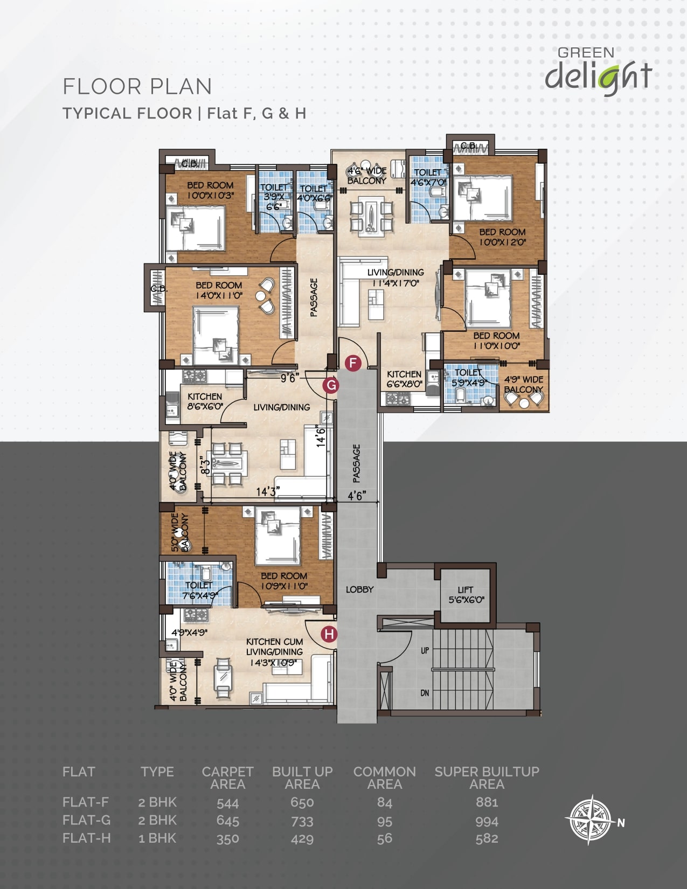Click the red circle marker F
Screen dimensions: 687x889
[x=353, y=363]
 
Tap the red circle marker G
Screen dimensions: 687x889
[x=331, y=385]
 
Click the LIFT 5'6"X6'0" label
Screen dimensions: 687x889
[x=466, y=595]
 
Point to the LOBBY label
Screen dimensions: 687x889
[x=359, y=589]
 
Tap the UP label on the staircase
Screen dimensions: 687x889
[x=425, y=650]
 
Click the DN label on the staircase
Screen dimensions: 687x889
[x=425, y=693]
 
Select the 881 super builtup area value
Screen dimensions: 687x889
[x=487, y=802]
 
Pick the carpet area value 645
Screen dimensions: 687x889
[x=227, y=821]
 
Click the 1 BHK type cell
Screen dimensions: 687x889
[x=157, y=838]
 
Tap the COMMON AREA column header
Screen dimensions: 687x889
[x=385, y=777]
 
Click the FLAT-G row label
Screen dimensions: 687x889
[x=87, y=820]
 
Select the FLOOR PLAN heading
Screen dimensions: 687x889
[x=137, y=87]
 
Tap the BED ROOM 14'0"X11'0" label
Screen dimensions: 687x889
[x=219, y=290]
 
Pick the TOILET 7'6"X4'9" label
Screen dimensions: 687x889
[x=200, y=591]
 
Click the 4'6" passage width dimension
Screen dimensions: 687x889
[x=357, y=496]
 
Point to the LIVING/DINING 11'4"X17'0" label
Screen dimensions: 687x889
[x=395, y=277]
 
